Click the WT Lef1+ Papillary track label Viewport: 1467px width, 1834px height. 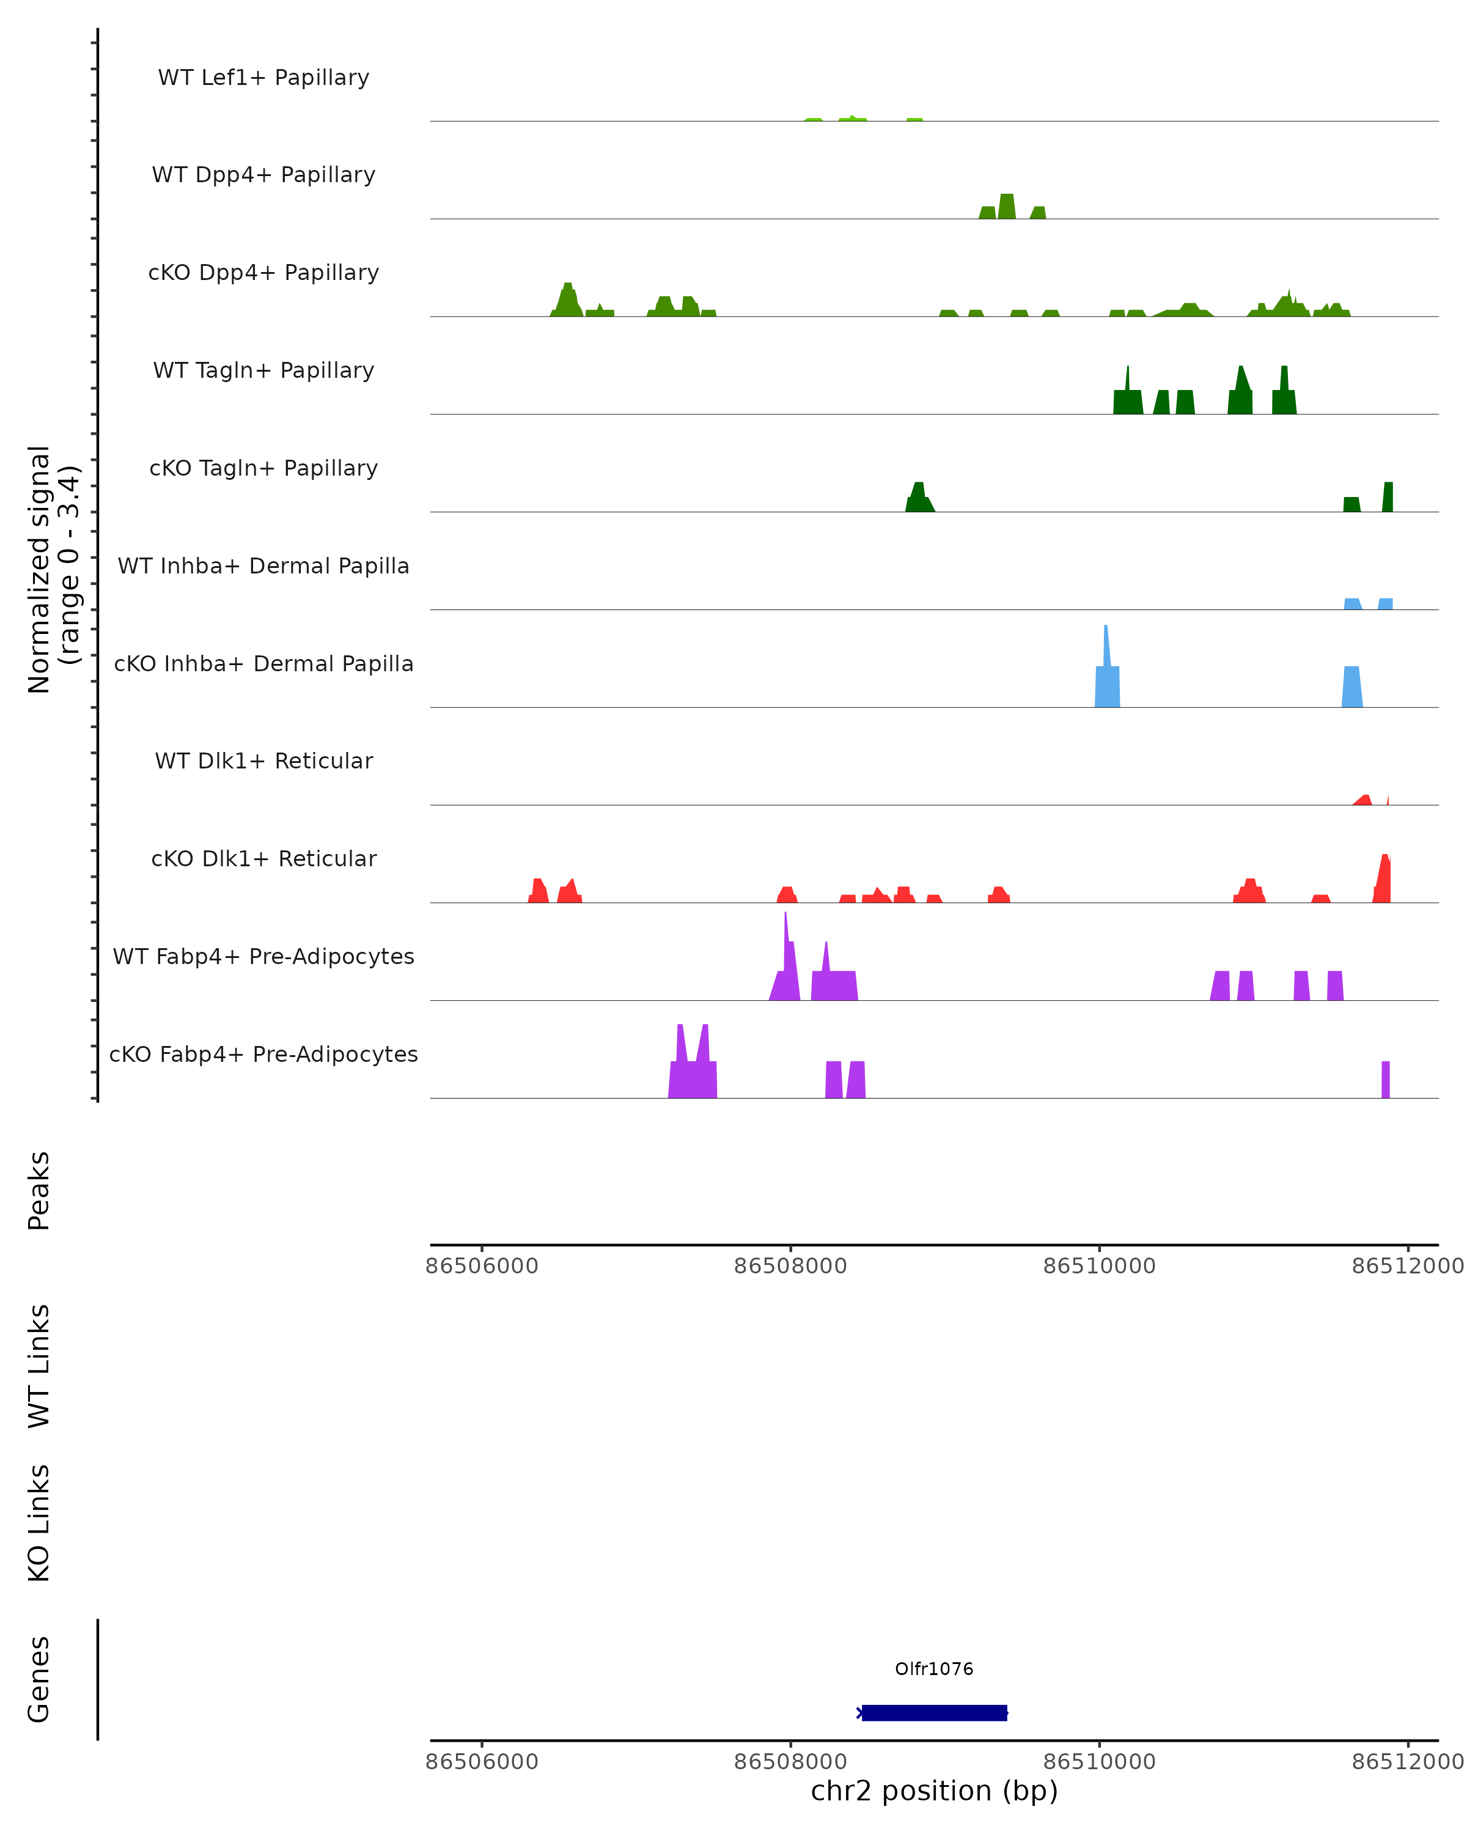263,78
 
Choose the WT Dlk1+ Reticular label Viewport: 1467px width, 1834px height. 263,760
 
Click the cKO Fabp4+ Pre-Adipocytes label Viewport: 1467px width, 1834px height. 263,1054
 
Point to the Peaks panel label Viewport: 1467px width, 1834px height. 39,1190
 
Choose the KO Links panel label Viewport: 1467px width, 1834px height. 39,1523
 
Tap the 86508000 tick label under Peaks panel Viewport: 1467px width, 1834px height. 790,1266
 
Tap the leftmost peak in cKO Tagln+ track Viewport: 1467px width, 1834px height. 919,498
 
